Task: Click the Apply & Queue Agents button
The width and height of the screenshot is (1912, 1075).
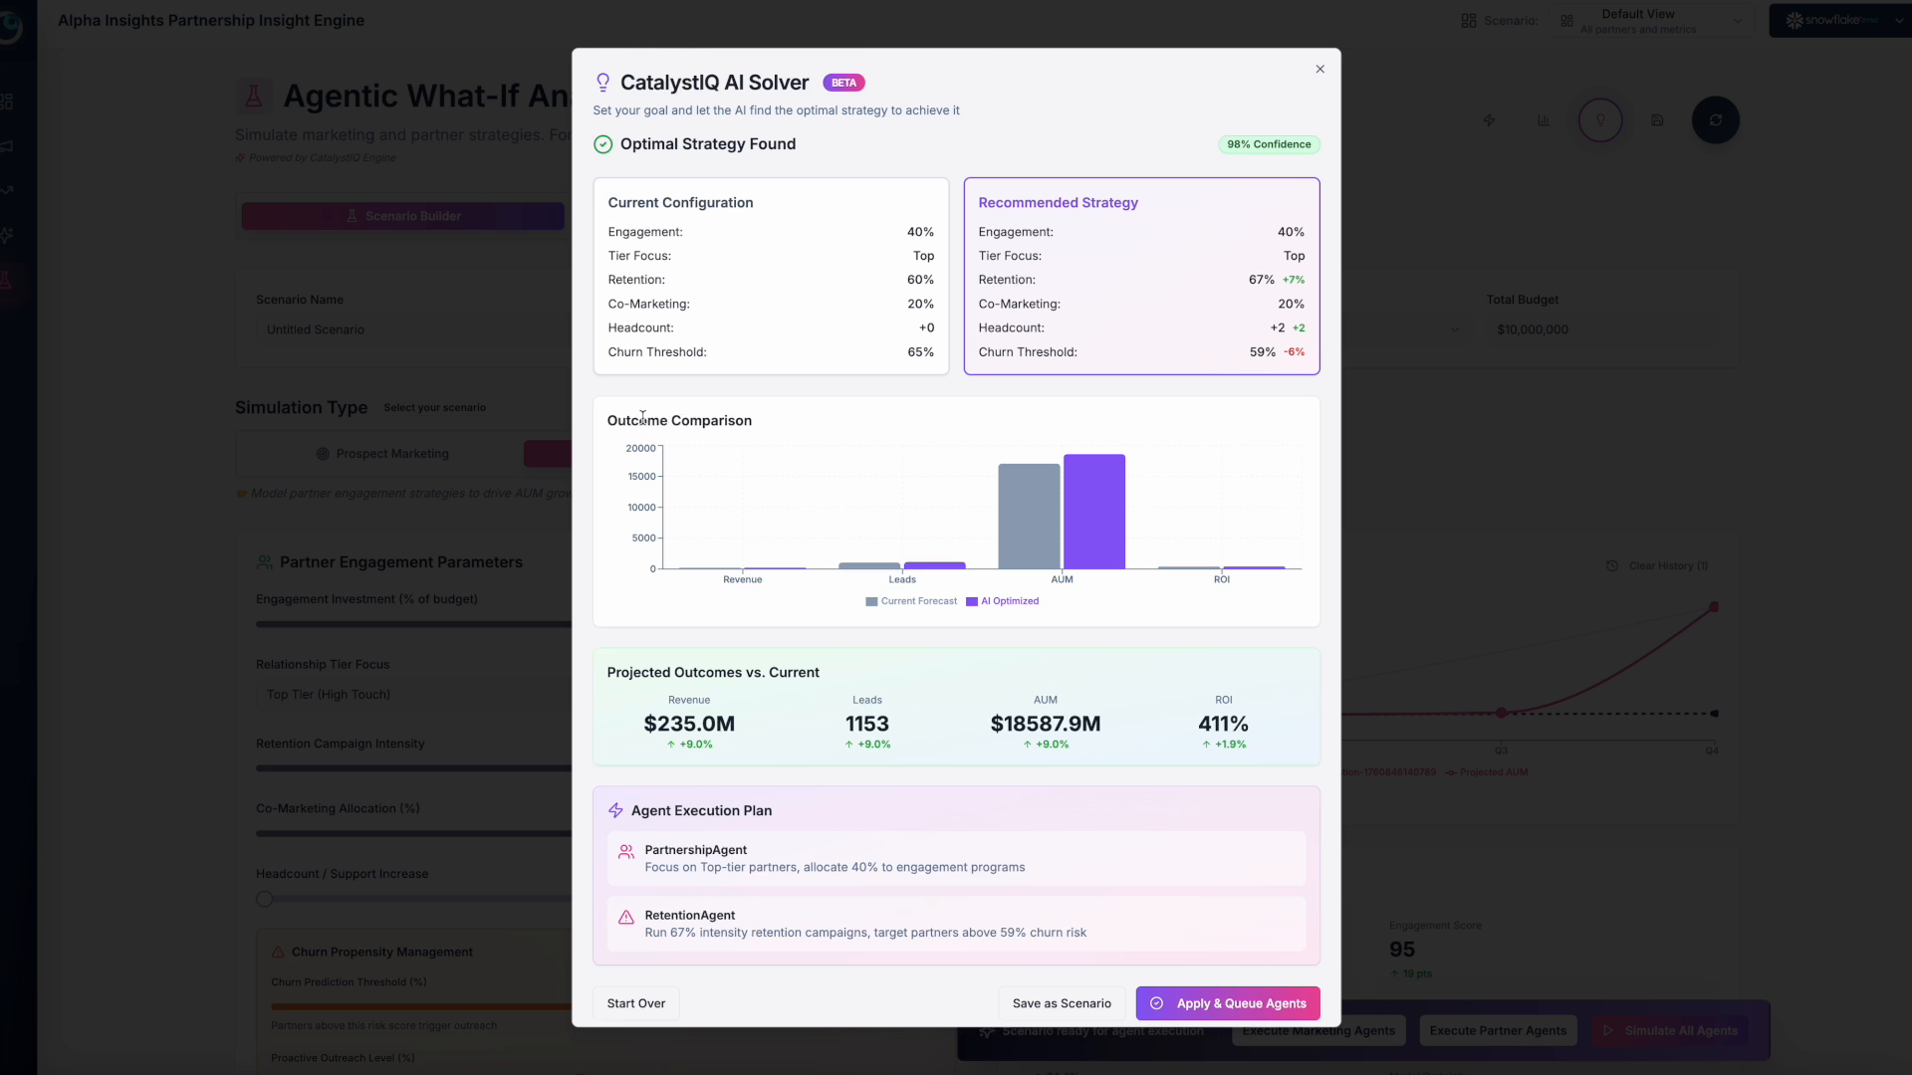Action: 1228,1003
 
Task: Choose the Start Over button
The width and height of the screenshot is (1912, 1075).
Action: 636,1003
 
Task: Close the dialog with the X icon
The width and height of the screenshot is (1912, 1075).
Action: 1320,70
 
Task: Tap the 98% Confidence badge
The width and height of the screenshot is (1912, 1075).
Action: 1269,144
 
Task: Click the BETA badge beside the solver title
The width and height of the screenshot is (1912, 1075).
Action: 843,83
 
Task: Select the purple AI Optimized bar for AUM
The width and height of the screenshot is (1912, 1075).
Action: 1094,512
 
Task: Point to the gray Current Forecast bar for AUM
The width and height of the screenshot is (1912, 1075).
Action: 1029,516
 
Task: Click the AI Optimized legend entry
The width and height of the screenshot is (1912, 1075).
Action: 1003,601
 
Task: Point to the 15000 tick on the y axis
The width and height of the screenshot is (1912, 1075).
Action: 641,477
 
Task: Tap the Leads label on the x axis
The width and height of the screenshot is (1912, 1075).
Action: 902,579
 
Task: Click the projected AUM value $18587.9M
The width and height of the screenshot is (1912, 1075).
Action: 1046,724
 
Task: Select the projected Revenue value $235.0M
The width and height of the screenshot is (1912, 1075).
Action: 689,724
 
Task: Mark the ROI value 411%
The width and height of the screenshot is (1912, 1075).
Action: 1223,724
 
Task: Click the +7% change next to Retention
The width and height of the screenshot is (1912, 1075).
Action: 1294,280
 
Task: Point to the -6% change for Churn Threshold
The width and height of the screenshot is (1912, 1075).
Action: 1294,352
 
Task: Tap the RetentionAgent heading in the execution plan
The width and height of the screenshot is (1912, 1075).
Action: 690,916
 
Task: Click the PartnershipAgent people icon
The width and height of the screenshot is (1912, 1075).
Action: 626,852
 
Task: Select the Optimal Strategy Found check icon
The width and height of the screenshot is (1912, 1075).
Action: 603,144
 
